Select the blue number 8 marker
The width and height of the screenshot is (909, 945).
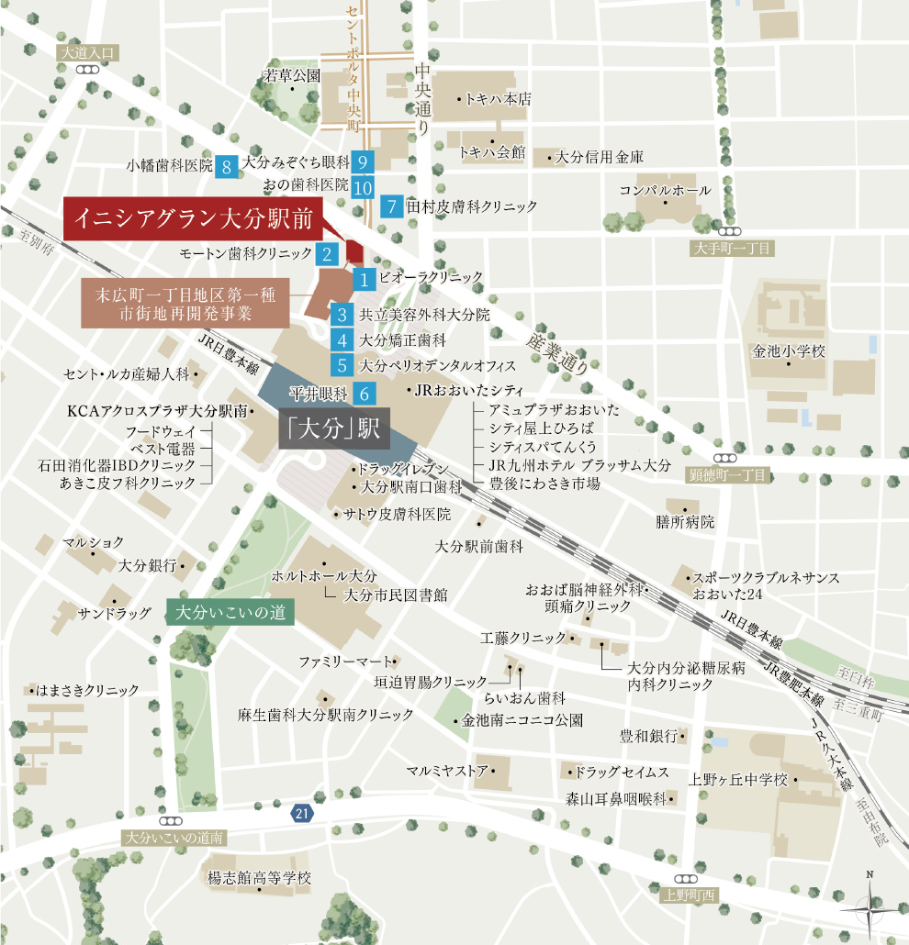[227, 165]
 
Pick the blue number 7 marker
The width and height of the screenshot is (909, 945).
[392, 206]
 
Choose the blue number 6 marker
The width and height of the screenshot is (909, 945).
[364, 395]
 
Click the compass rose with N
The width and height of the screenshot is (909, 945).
[869, 908]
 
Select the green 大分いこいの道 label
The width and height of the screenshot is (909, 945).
[230, 613]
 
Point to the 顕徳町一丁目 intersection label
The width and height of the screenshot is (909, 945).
[728, 474]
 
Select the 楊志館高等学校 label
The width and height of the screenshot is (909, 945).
[260, 878]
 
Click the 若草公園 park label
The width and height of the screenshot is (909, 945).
[291, 75]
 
